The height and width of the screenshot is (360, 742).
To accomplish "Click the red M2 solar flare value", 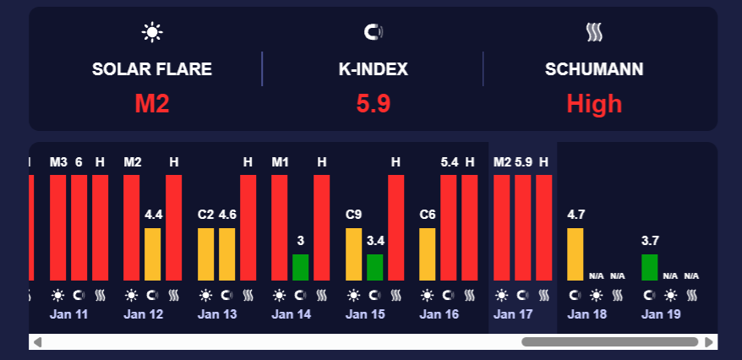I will click(x=152, y=104).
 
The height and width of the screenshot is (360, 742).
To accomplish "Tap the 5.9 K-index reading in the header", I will click(x=373, y=104).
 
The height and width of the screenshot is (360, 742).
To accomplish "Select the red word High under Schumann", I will click(x=594, y=104).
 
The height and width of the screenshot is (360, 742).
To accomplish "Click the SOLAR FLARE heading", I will click(x=152, y=69).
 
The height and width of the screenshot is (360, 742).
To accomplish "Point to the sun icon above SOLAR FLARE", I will click(x=152, y=33).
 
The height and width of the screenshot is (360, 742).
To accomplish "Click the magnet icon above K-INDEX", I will click(x=373, y=33).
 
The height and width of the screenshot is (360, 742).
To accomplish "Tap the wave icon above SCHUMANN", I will click(x=594, y=33).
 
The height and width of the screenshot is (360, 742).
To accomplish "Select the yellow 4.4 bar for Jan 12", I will click(x=153, y=254).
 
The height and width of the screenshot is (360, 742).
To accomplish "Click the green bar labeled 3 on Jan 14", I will click(x=301, y=267).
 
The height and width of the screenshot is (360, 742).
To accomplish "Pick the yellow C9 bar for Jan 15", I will click(x=354, y=254).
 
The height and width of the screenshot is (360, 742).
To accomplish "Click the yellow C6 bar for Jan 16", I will click(x=428, y=254).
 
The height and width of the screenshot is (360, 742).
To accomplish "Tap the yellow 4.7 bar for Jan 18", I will click(x=576, y=254).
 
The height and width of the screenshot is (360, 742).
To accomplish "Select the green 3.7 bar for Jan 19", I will click(x=649, y=267).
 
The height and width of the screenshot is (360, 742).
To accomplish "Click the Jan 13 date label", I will click(x=217, y=314).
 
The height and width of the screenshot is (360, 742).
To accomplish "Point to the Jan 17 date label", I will click(x=513, y=314).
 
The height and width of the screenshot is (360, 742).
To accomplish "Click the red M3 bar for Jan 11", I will click(x=58, y=226).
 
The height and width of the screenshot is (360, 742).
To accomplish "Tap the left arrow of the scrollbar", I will click(x=37, y=341).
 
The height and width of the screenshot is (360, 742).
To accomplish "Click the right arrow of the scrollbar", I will click(x=709, y=341).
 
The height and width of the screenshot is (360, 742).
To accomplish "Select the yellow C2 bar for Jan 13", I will click(x=206, y=254).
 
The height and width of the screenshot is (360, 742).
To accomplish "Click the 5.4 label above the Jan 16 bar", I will click(x=450, y=161).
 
